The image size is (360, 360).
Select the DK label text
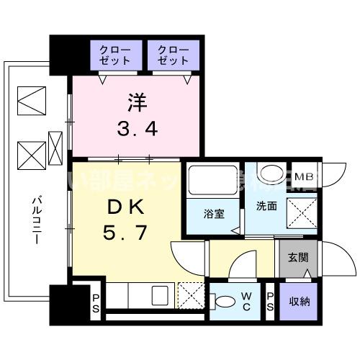[127, 207]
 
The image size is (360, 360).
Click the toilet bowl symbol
[225, 302]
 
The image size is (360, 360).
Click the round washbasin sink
[271, 174]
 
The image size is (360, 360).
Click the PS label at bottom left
[96, 300]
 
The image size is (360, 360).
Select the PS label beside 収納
[270, 300]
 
